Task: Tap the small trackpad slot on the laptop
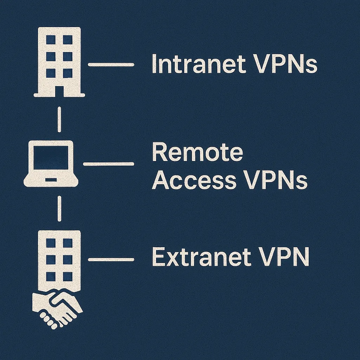(51, 180)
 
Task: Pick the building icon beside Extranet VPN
(59, 261)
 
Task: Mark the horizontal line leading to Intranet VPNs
(111, 65)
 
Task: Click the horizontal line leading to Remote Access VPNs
(108, 164)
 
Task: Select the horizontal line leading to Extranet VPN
(111, 260)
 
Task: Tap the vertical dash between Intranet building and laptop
(59, 120)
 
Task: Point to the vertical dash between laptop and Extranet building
(59, 208)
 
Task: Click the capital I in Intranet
(154, 64)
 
